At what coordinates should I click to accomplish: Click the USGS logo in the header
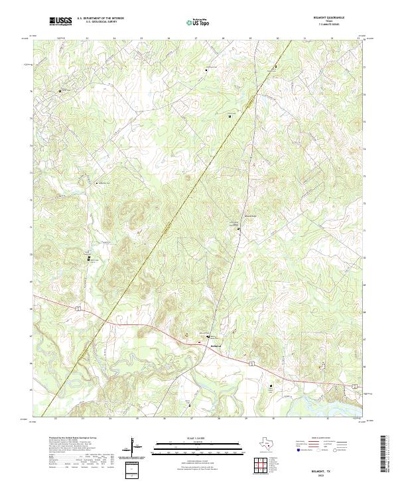60,21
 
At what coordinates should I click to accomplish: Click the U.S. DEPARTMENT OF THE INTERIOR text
100,19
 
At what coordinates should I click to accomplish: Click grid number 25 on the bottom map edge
137,418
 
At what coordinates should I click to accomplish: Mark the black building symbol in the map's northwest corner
59,90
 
